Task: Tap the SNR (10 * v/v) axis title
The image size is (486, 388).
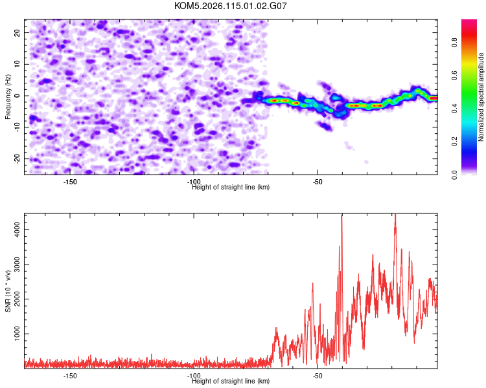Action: click(x=8, y=291)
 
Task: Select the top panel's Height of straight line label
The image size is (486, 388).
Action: click(x=231, y=187)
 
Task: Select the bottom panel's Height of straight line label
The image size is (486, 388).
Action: click(x=231, y=381)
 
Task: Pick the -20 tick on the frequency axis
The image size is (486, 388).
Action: click(x=17, y=159)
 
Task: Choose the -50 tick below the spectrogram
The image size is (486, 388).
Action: click(x=318, y=182)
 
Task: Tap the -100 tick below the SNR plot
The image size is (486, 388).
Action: click(x=193, y=376)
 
